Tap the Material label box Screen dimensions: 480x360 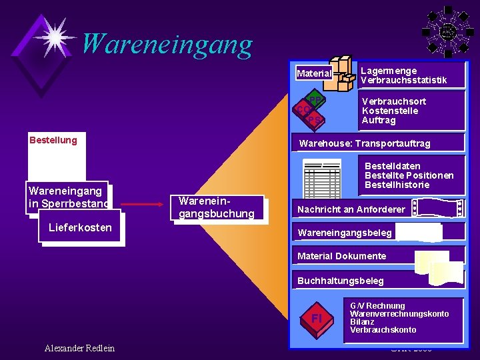tap(314, 73)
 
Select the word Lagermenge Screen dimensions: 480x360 tap(388, 71)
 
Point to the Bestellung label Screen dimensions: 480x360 tap(53, 140)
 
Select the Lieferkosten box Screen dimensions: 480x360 tap(81, 227)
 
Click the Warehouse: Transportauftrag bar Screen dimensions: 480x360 tap(365, 143)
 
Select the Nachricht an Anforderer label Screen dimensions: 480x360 tap(351, 209)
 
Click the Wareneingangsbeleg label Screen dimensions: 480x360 tap(345, 233)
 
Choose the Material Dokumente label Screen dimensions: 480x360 tap(341, 256)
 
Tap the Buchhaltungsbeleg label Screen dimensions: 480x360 tap(340, 281)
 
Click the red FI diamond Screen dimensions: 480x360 tap(317, 319)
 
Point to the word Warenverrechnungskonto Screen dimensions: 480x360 tap(399, 314)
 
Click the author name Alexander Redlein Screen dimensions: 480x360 tap(79, 348)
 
